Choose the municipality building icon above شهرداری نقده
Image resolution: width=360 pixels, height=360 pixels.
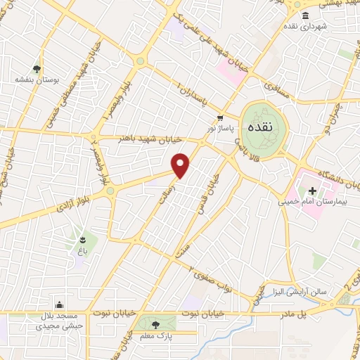click(x=304, y=15)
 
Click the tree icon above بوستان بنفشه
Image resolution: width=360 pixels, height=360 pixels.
click(x=27, y=69)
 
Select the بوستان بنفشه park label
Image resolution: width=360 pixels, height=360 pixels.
click(x=29, y=79)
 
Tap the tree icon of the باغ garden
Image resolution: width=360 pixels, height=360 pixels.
click(x=82, y=238)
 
